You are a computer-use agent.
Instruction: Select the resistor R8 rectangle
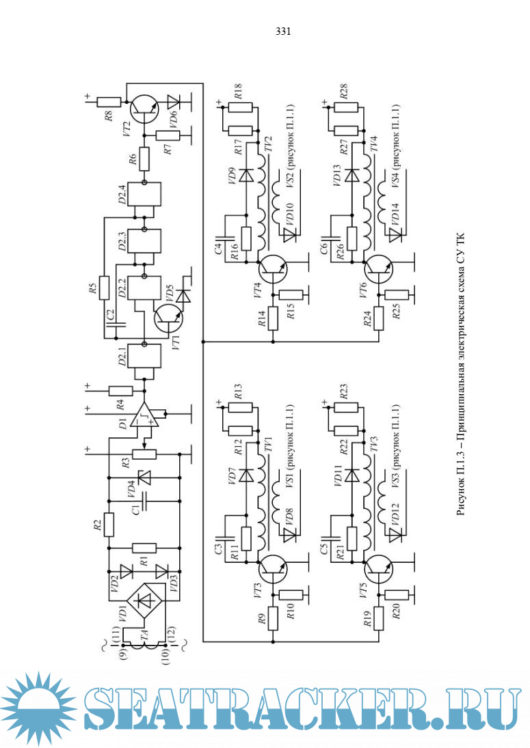[108, 102]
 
